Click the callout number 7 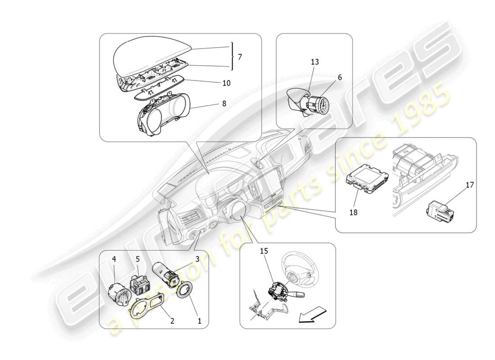pos(240,57)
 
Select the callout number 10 pos(226,83)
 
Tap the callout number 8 pos(224,103)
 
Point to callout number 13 pos(315,62)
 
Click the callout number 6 pos(340,77)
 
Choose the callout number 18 pos(353,212)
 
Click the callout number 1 pos(200,321)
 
